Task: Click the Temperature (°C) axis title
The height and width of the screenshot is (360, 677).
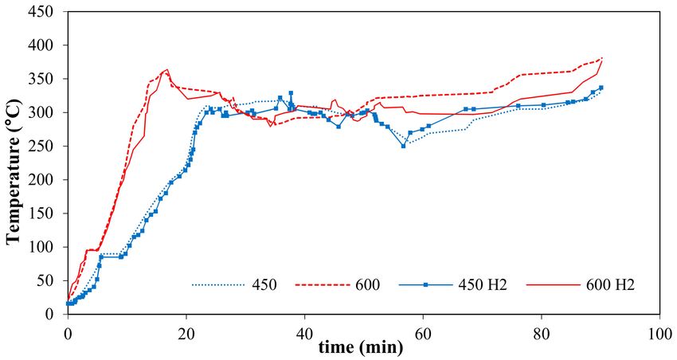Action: (14, 164)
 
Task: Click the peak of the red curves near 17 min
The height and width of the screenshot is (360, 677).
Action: (166, 69)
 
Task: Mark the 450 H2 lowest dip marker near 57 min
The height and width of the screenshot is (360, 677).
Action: (403, 146)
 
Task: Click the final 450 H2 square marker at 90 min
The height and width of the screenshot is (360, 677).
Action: (601, 88)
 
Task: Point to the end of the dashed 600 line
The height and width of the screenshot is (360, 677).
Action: (602, 58)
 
